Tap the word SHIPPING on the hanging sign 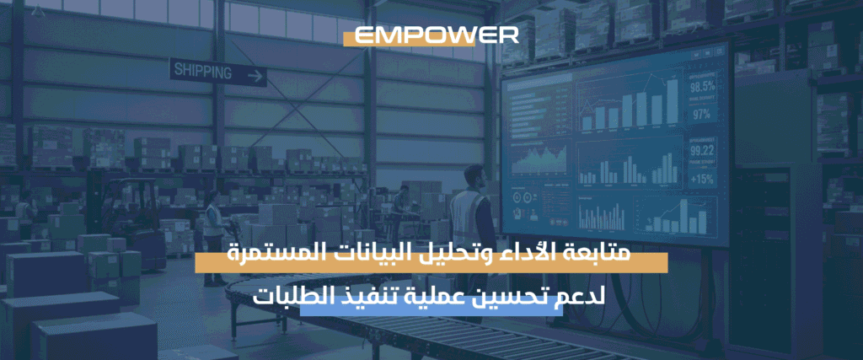pyautogui.click(x=203, y=72)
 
